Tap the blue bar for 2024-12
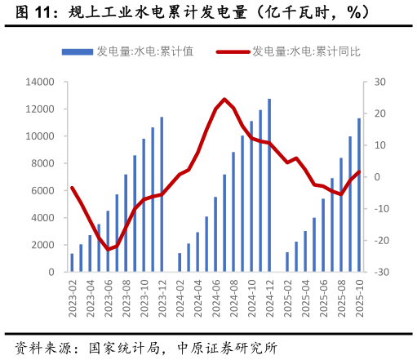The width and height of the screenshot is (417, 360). [x=269, y=185]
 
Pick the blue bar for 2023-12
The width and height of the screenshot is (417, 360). [x=162, y=194]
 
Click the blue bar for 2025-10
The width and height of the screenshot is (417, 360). [x=359, y=195]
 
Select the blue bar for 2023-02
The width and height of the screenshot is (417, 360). [x=72, y=262]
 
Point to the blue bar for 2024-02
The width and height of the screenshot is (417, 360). [x=180, y=262]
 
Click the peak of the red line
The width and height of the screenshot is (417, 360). [x=224, y=99]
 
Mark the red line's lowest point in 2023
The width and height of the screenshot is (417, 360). [x=108, y=249]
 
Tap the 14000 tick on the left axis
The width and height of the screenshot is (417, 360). [x=40, y=82]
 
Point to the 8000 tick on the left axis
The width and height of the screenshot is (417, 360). [x=42, y=163]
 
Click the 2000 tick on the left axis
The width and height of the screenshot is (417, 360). [x=42, y=245]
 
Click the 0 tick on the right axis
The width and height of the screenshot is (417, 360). [x=377, y=177]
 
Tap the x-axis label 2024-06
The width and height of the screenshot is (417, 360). [x=215, y=297]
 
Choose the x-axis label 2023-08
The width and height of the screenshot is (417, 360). [x=126, y=297]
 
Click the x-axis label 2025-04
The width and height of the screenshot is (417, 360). [x=305, y=297]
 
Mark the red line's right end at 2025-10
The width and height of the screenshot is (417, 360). [x=359, y=171]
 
